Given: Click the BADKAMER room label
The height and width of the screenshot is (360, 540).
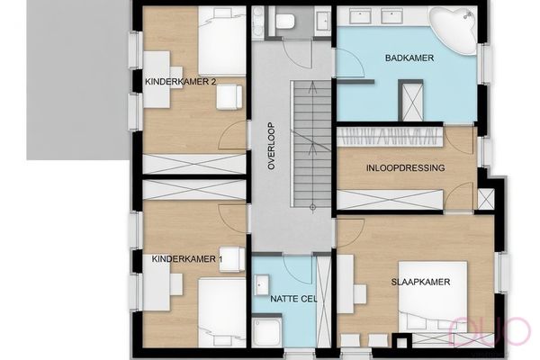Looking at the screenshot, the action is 409,58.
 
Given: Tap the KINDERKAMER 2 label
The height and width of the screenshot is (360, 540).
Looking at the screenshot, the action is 181,82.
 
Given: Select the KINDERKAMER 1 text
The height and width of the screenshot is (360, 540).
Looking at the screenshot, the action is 187,258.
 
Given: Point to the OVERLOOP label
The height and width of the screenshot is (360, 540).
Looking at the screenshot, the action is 272,146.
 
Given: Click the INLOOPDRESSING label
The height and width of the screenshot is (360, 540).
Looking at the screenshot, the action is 405,167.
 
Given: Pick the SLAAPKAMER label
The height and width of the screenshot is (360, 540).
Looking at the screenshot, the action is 420,282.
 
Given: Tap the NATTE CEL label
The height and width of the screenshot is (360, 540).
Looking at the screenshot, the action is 293,299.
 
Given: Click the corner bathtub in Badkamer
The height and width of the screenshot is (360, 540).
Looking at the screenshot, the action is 453,30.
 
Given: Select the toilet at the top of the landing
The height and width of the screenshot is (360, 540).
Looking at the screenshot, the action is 285,21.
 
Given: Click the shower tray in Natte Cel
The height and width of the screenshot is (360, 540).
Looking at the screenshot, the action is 267,332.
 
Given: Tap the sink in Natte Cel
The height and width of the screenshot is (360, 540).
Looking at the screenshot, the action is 262,285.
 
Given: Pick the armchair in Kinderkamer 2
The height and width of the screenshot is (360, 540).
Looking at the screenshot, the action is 229,97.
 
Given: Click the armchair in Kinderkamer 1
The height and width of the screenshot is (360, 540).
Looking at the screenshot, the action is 232,259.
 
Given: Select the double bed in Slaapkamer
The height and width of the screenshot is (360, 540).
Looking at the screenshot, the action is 433,297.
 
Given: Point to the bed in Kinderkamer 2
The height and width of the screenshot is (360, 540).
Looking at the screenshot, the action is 222,40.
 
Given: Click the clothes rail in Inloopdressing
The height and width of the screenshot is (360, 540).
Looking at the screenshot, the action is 390,137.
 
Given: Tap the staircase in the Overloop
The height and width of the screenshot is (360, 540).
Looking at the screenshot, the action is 311,144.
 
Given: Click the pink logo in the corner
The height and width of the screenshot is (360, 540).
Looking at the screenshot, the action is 490,331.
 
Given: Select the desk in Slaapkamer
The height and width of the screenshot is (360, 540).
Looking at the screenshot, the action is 346,284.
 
